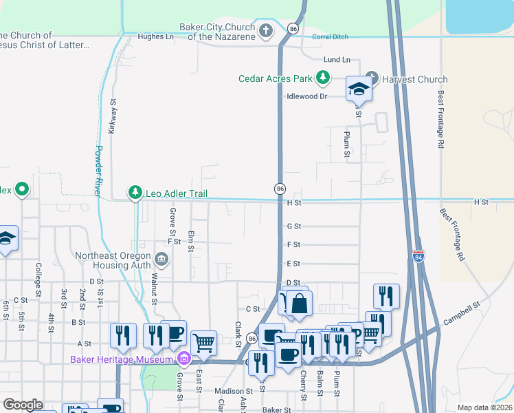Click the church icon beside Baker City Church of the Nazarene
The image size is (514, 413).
point(267,31)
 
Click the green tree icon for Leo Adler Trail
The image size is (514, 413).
point(136,193)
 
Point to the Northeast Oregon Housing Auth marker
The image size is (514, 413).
point(161,259)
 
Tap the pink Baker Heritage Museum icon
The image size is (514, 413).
point(183,359)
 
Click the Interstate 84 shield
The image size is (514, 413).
point(418,256)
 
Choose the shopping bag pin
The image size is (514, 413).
point(300,303)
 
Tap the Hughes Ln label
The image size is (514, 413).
point(155,36)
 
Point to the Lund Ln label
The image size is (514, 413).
point(337,60)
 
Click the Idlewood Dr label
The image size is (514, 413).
point(306,96)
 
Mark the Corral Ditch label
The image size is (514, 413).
point(331,36)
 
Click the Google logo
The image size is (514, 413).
point(23,405)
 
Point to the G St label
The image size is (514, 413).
point(294,226)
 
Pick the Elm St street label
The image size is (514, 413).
point(191,241)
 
